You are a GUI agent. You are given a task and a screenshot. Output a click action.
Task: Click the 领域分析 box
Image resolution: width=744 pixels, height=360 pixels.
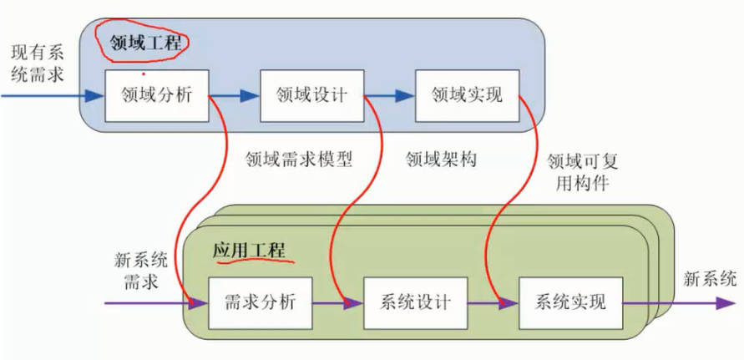[x=156, y=94]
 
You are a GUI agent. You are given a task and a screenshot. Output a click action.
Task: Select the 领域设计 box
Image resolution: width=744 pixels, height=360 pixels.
[x=311, y=94]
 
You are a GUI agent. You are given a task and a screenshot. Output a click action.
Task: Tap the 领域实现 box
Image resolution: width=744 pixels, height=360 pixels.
[x=467, y=94]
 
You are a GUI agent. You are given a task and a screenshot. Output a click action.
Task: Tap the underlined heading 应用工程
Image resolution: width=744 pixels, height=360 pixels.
[x=249, y=251]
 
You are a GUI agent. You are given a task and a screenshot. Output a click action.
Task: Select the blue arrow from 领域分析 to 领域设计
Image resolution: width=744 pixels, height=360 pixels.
[x=234, y=95]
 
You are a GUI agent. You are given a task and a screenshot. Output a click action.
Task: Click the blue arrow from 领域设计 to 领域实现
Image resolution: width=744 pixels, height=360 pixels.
[x=389, y=95]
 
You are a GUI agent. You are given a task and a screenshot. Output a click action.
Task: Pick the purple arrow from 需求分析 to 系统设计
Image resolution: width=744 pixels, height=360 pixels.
[x=338, y=302]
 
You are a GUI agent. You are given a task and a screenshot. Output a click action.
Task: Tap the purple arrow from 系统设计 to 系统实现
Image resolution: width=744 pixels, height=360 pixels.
[x=493, y=302]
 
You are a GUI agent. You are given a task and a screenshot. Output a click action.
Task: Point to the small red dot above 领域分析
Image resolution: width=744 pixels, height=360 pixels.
[x=144, y=74]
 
